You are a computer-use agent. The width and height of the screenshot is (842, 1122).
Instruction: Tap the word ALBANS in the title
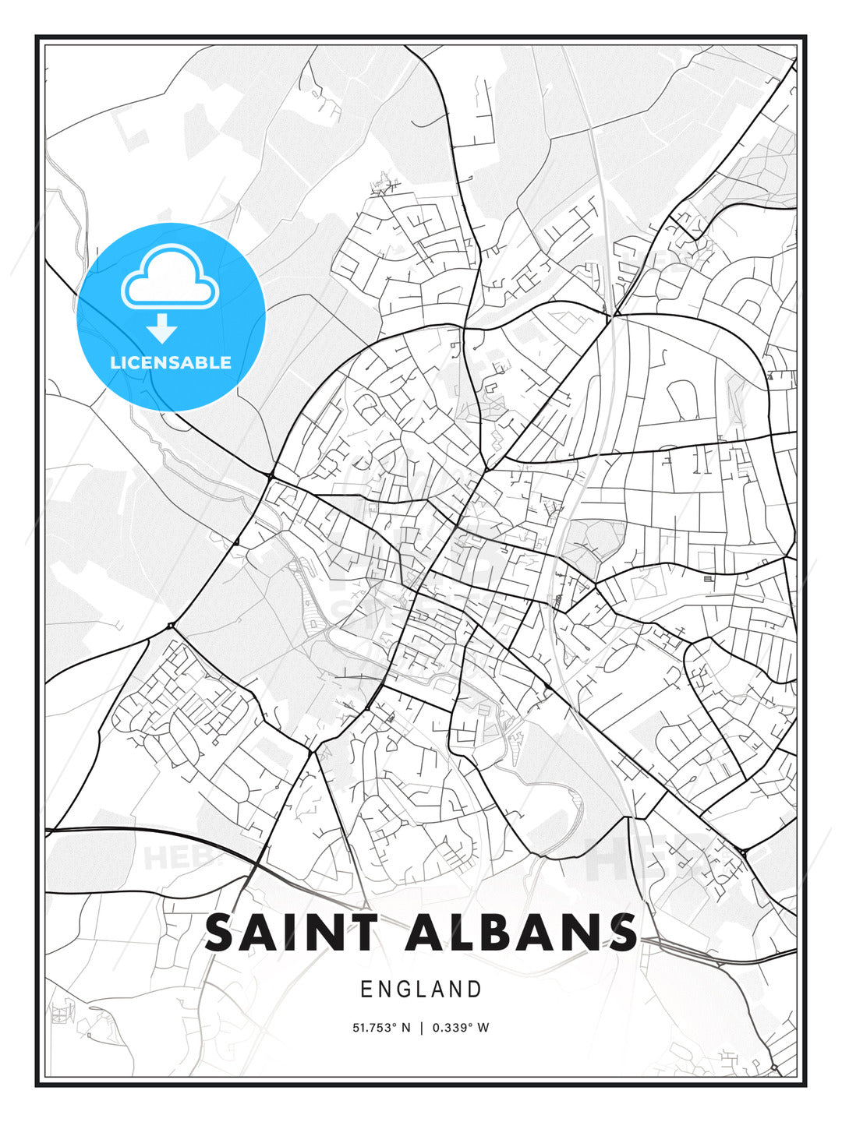pyautogui.click(x=521, y=933)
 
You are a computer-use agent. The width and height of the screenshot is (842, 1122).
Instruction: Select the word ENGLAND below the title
pyautogui.click(x=421, y=990)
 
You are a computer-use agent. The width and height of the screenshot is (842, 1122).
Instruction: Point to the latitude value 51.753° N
pyautogui.click(x=381, y=1028)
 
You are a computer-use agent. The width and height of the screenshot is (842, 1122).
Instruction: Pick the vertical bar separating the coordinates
pyautogui.click(x=421, y=1028)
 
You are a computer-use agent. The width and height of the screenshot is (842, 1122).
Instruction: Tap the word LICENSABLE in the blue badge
pyautogui.click(x=171, y=362)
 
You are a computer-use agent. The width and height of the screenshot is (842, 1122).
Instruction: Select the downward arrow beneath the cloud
pyautogui.click(x=162, y=329)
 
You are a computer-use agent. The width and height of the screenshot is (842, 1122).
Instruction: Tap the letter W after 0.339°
pyautogui.click(x=483, y=1028)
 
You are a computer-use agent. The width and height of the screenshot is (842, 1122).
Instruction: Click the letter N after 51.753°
pyautogui.click(x=405, y=1028)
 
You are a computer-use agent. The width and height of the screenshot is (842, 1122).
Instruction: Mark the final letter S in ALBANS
pyautogui.click(x=619, y=933)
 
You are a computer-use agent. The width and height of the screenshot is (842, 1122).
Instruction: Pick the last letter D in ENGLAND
pyautogui.click(x=475, y=990)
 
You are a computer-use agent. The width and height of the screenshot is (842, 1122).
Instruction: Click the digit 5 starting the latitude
pyautogui.click(x=356, y=1028)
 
